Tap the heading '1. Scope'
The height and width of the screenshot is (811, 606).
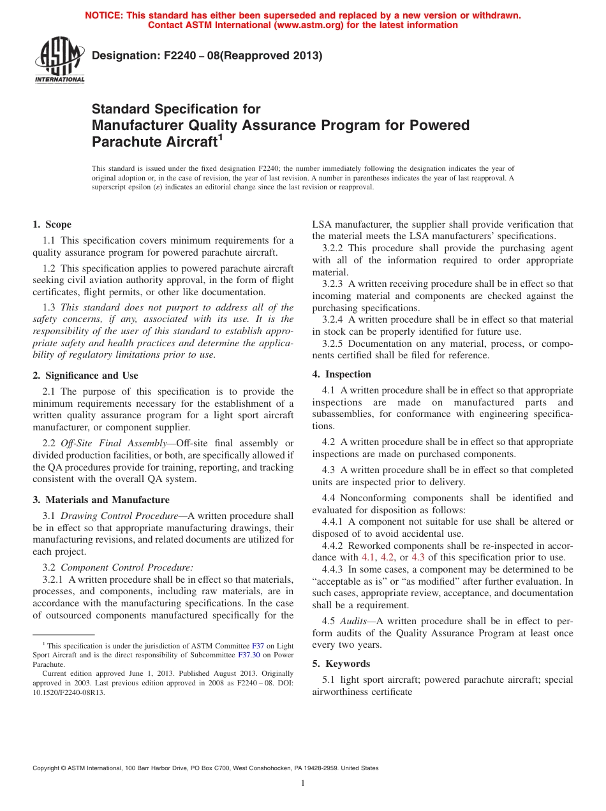coord(52,224)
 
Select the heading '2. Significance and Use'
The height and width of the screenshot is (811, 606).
coord(85,376)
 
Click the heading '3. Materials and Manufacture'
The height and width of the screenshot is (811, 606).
coord(101,500)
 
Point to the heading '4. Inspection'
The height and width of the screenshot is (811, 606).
coord(341,374)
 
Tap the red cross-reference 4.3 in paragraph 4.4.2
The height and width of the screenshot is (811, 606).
coord(418,557)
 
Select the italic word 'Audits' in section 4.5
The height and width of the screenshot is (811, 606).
coord(353,621)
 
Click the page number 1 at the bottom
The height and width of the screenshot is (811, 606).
coord(303,784)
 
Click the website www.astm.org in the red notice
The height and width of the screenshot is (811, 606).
coord(309,26)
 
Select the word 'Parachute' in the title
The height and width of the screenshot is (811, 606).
coord(122,141)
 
